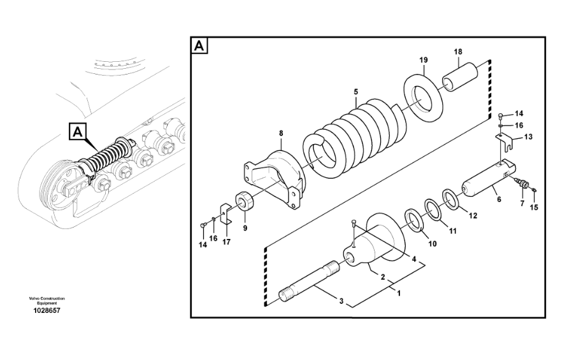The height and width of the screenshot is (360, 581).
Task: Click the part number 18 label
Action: (x=458, y=52)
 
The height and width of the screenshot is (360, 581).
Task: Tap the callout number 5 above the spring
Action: (x=355, y=92)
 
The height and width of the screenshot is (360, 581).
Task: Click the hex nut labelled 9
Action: (x=244, y=201)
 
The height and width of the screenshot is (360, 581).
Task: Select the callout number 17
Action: (x=226, y=242)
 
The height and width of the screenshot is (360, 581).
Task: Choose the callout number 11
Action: (x=453, y=231)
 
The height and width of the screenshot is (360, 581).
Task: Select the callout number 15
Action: (x=534, y=208)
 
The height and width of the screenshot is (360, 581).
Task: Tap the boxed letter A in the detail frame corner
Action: (x=199, y=46)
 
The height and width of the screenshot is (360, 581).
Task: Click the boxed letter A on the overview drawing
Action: (x=77, y=132)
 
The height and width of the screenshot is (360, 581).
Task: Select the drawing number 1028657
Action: (x=47, y=311)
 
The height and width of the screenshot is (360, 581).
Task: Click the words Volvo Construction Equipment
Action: (x=47, y=301)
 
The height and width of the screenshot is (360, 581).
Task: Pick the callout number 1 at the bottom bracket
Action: (x=399, y=293)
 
